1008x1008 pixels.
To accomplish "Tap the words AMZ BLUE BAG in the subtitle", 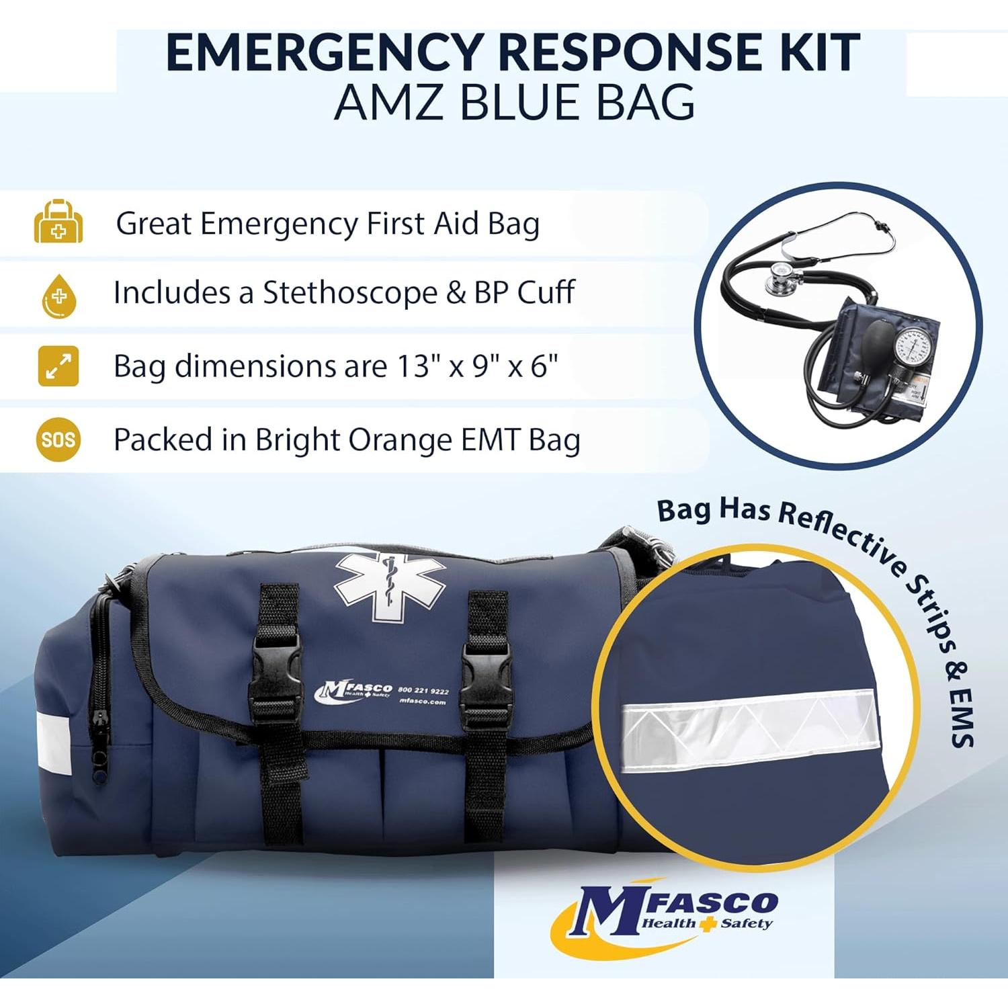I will coord(514,103).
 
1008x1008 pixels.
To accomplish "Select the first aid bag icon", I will coord(58,222).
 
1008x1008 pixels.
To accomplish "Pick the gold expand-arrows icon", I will coord(58,366).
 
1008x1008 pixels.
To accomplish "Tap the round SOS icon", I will coord(58,439).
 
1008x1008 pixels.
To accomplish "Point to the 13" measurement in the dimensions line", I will coord(413,367).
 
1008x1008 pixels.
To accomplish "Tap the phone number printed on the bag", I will coord(423,690).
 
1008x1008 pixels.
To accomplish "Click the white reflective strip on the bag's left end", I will coord(53,743).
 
